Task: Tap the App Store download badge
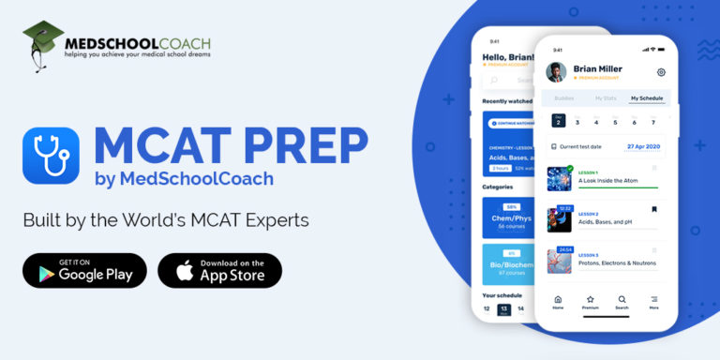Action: coord(220,270)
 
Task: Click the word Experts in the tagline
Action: coord(273,220)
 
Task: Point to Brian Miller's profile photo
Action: coord(557,72)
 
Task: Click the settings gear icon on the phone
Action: coord(661,72)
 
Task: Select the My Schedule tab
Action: coord(647,97)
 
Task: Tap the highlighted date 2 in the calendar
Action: coord(558,120)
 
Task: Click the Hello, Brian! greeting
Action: coord(507,57)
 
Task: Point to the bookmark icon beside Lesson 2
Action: coord(654,209)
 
